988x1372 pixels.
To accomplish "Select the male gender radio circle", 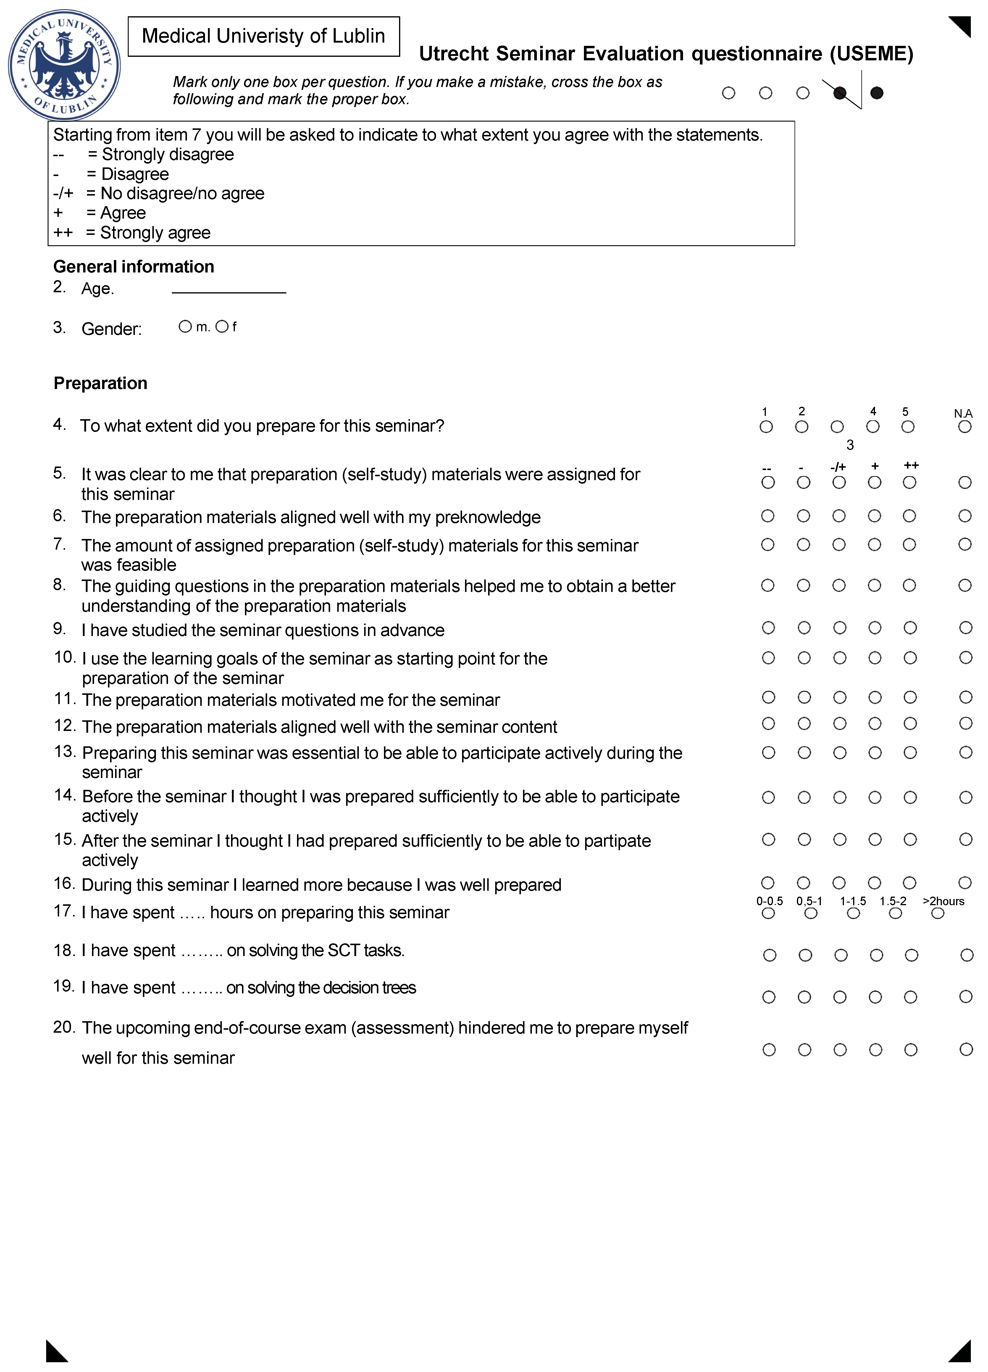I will coord(185,327).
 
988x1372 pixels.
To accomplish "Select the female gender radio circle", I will coord(222,327).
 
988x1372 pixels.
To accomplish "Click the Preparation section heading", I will coord(101,383).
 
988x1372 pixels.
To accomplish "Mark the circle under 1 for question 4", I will coord(766,427).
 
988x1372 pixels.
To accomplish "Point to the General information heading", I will coord(134,267).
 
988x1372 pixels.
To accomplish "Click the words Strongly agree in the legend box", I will coord(156,233).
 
